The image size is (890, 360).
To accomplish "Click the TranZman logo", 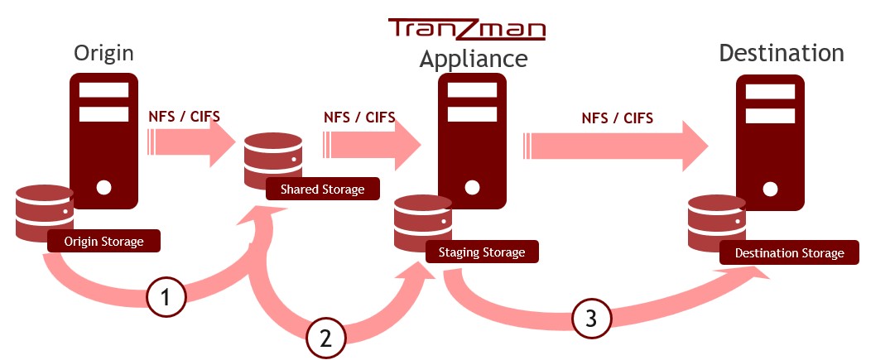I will point(467,30).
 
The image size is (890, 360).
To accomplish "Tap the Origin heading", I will point(103,54).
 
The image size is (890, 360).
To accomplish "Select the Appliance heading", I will point(473,59).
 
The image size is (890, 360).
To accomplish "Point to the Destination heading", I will point(781,54).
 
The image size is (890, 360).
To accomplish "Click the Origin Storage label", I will point(103,242).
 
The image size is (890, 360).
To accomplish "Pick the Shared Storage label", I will point(322,190).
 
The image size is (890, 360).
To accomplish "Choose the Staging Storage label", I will point(481,252).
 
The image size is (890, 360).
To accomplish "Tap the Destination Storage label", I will point(789,252).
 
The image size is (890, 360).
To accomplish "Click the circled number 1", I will point(166,296).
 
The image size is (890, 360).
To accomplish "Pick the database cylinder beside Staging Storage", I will point(422,222).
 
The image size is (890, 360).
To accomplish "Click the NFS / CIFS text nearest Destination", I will point(617,118).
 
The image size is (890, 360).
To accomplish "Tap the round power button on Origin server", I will point(103,187).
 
